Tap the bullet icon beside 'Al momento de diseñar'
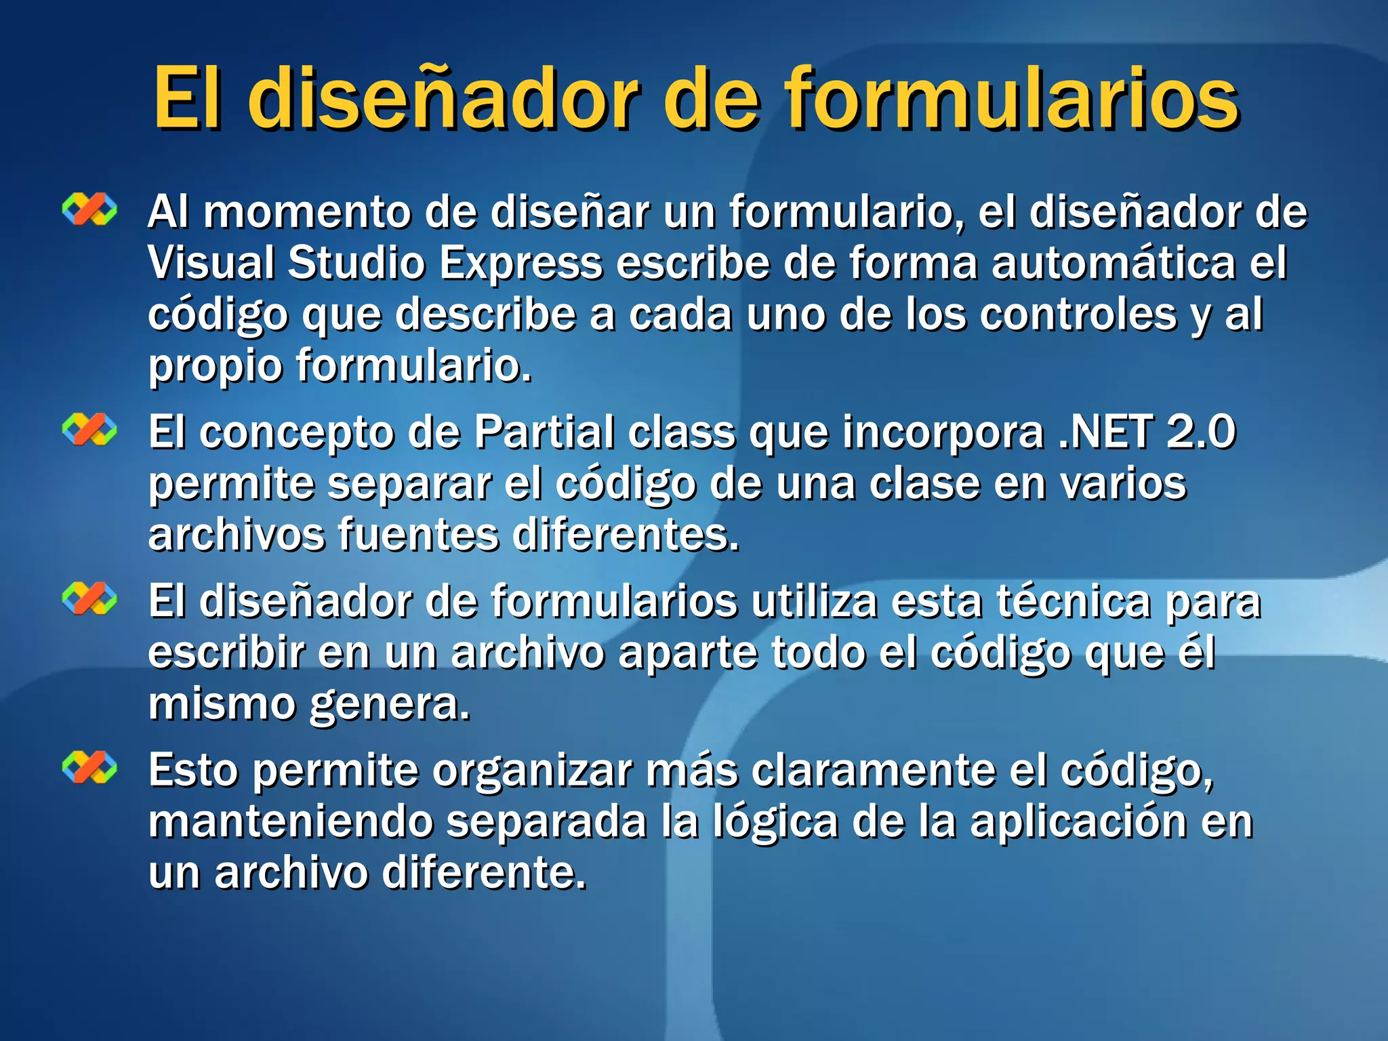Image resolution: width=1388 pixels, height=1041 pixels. [x=89, y=209]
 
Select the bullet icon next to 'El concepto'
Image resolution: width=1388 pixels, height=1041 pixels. [x=89, y=430]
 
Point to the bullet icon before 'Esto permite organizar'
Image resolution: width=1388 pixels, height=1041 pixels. [x=89, y=768]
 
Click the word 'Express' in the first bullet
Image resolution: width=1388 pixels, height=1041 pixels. [x=520, y=263]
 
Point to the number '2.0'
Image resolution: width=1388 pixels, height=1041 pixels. [x=1201, y=432]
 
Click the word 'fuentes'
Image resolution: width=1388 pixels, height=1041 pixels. [x=418, y=535]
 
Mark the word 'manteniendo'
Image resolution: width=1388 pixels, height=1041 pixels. [x=291, y=821]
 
